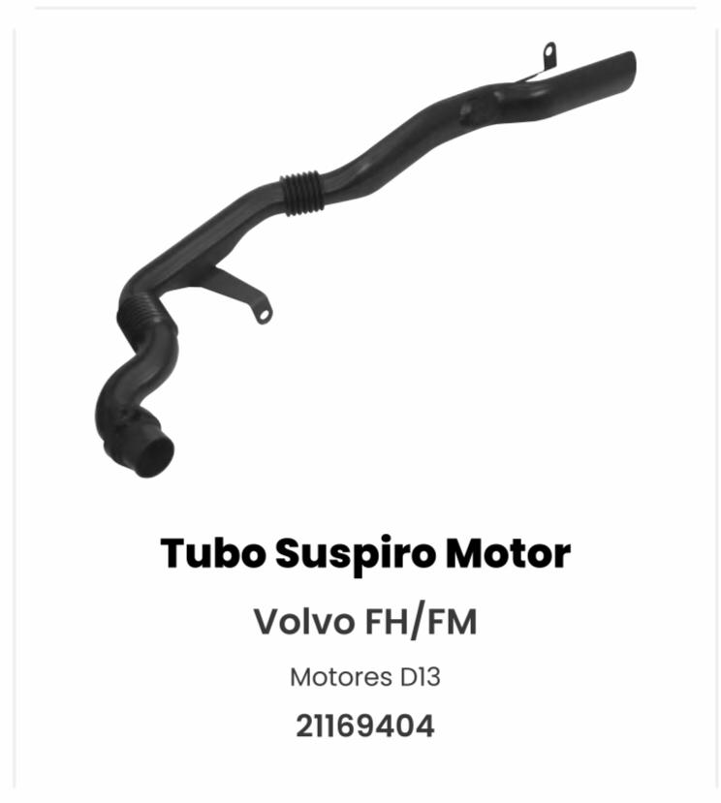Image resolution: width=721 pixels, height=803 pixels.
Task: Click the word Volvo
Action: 304,621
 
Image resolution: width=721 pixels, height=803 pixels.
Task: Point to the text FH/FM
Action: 421,622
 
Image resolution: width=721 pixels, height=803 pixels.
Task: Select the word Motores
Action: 340,677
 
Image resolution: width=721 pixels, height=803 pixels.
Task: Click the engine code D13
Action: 420,677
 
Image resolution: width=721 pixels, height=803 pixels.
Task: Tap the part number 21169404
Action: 364,726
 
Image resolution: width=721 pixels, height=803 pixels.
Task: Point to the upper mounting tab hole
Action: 549,51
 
